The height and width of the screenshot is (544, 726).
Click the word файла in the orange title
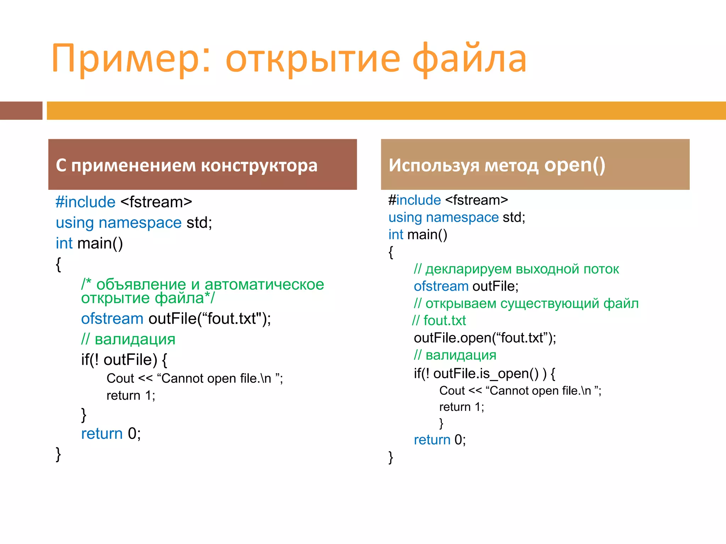point(469,58)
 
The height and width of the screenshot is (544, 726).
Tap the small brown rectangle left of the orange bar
point(21,110)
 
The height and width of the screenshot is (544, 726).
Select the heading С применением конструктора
point(186,165)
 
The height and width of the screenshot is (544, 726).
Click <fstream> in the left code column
point(156,202)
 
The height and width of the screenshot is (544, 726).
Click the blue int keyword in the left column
point(64,243)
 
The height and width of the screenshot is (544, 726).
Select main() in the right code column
point(427,234)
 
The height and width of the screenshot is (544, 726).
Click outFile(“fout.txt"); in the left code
point(210,318)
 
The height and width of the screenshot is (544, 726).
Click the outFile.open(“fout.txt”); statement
point(485,338)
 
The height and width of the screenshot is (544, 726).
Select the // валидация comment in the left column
point(128,339)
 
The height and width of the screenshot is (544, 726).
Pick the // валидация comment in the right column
point(455,355)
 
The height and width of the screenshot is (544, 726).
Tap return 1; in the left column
point(131,395)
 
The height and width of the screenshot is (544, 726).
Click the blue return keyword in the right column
point(432,440)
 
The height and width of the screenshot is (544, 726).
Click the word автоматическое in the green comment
point(264,284)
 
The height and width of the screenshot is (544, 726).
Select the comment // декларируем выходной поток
point(516,269)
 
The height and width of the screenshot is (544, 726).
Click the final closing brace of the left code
point(58,454)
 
